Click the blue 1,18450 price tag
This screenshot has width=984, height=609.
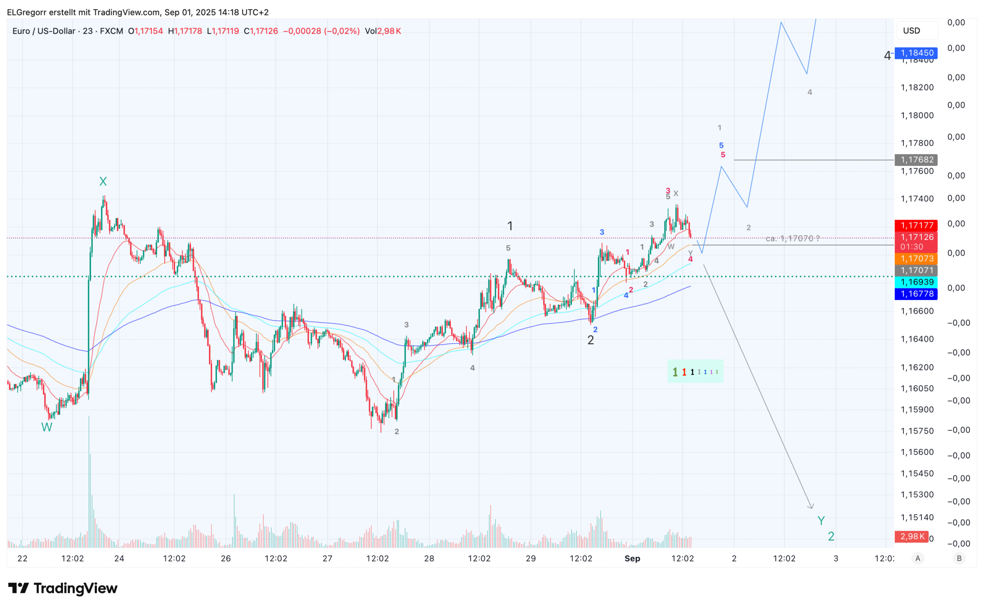(x=916, y=53)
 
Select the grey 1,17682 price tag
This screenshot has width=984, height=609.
(x=916, y=160)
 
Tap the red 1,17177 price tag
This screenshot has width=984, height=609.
(x=916, y=225)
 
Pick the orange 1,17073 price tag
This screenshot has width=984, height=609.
(x=916, y=259)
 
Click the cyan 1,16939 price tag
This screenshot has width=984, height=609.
(x=916, y=282)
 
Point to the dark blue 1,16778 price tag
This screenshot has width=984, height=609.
(x=916, y=294)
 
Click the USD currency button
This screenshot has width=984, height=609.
(x=912, y=31)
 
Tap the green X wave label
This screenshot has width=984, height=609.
(x=103, y=182)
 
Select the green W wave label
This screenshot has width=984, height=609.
(x=47, y=427)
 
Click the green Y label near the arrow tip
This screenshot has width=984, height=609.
(x=821, y=521)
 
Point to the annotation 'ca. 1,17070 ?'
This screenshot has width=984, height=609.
(x=793, y=238)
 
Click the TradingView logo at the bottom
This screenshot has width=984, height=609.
(x=63, y=589)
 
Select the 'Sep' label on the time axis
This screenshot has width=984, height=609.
(x=632, y=558)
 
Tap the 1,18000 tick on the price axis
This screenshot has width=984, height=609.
(x=917, y=116)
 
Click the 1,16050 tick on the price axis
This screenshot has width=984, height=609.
(x=917, y=389)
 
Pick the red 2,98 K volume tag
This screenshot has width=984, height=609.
(x=912, y=537)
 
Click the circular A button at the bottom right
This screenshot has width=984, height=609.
(x=918, y=558)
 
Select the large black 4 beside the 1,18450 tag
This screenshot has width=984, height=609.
(x=887, y=55)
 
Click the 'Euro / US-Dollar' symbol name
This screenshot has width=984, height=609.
(x=44, y=31)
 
